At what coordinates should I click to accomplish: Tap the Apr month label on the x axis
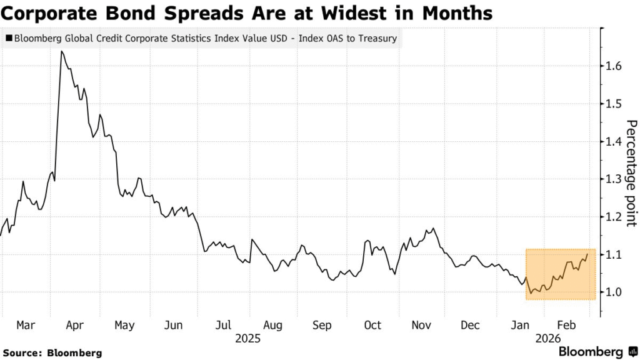74,326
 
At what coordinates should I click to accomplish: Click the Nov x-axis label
422,326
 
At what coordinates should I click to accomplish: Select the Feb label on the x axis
566,326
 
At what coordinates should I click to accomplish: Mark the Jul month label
223,326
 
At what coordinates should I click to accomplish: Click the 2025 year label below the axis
247,338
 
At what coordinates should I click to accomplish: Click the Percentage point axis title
631,172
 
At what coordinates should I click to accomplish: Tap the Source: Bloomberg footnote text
51,353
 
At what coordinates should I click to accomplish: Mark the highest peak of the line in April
61,51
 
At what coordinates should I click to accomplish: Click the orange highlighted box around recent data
560,275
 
